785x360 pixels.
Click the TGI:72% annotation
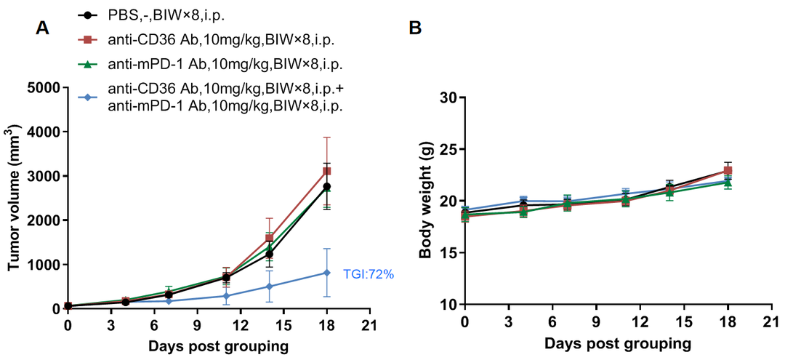(x=368, y=274)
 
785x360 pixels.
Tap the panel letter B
(x=415, y=28)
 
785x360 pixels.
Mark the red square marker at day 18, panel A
(x=327, y=171)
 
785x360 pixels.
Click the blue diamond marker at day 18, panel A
(x=327, y=273)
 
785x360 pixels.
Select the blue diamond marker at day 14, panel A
(x=269, y=287)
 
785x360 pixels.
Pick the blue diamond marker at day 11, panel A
(x=226, y=296)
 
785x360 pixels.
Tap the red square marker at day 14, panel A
(x=269, y=238)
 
